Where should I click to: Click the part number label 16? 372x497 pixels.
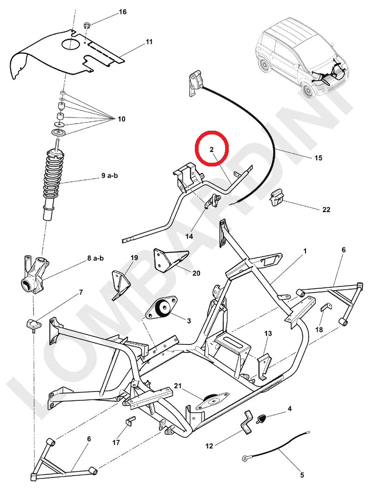(x=122, y=12)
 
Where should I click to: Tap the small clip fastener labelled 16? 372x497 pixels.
(x=87, y=24)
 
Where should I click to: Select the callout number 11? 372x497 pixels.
(x=149, y=42)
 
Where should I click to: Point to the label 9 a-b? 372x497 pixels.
(x=110, y=176)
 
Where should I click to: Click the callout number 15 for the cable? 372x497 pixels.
(x=318, y=158)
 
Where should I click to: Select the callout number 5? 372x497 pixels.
(x=302, y=475)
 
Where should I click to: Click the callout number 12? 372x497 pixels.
(x=209, y=446)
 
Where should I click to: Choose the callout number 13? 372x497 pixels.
(x=268, y=334)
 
